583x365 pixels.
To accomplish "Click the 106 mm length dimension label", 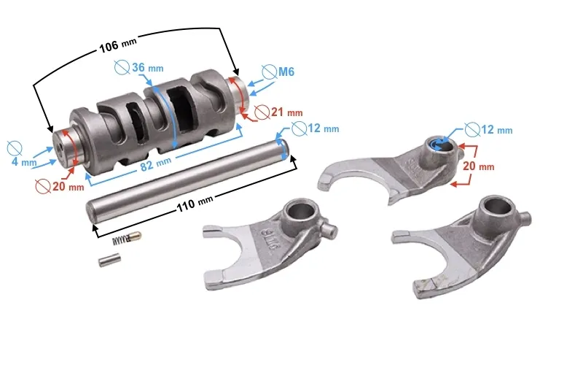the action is click(118, 45).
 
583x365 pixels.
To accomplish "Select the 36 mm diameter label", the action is click(148, 68).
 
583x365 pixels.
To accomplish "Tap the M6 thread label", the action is click(286, 71).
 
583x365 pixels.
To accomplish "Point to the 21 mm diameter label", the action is click(286, 112).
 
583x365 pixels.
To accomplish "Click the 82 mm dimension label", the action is click(156, 164).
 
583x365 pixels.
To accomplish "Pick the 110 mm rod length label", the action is click(195, 203).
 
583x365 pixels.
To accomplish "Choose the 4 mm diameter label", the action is click(24, 162).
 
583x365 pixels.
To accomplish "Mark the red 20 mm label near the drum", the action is click(68, 186).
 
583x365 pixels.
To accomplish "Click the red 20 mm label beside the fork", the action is click(479, 166).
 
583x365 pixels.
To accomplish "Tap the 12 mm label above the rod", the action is click(323, 128).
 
